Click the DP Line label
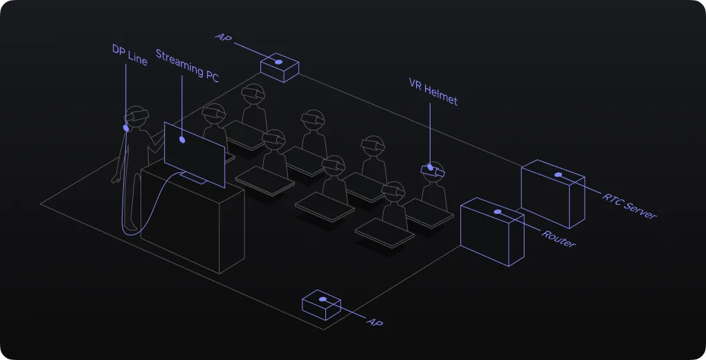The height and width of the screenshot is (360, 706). point(129,55)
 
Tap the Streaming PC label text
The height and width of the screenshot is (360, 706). point(187,66)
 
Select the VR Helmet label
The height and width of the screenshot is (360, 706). point(433,92)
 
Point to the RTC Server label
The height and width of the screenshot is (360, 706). point(629,206)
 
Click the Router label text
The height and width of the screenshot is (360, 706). point(559,239)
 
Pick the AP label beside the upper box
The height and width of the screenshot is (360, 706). point(224,37)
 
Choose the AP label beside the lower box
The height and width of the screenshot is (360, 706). point(374,322)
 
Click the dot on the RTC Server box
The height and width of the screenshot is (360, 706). point(559,175)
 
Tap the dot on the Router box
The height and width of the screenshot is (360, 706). point(498,212)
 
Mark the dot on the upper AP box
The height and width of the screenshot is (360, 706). point(279,62)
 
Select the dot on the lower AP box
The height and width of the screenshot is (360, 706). point(323,299)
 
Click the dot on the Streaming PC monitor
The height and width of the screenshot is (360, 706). point(182,140)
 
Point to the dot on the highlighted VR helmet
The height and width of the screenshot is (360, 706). point(431,168)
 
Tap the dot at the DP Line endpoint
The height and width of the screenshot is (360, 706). point(126,128)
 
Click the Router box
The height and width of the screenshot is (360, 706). point(492,232)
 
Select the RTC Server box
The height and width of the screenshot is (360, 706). point(553,194)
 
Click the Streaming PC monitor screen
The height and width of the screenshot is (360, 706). point(194,154)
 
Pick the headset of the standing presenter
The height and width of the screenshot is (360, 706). point(137,116)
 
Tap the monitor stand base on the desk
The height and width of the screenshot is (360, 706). point(194,178)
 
